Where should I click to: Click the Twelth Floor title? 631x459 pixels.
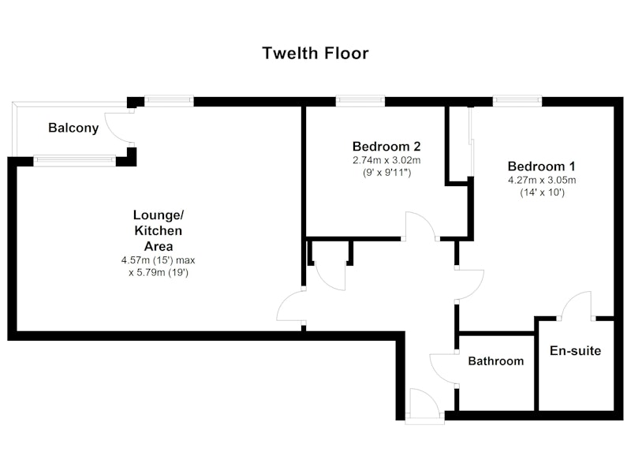click(315, 53)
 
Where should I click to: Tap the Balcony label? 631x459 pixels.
click(73, 128)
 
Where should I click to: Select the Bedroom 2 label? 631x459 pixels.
click(386, 146)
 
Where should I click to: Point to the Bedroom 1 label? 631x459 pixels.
click(542, 166)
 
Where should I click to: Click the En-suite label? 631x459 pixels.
click(576, 350)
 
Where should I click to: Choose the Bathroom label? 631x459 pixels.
click(496, 361)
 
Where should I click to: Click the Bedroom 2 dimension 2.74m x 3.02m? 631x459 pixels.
click(386, 160)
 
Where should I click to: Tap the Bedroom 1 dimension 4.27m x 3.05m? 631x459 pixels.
click(542, 180)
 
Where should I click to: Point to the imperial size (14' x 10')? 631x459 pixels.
click(542, 192)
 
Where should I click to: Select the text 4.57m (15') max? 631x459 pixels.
click(159, 260)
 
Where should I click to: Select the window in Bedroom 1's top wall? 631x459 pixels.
click(517, 101)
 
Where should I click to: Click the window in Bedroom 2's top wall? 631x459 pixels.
click(360, 101)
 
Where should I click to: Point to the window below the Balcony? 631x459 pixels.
click(74, 161)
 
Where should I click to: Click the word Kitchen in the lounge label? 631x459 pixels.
click(159, 230)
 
